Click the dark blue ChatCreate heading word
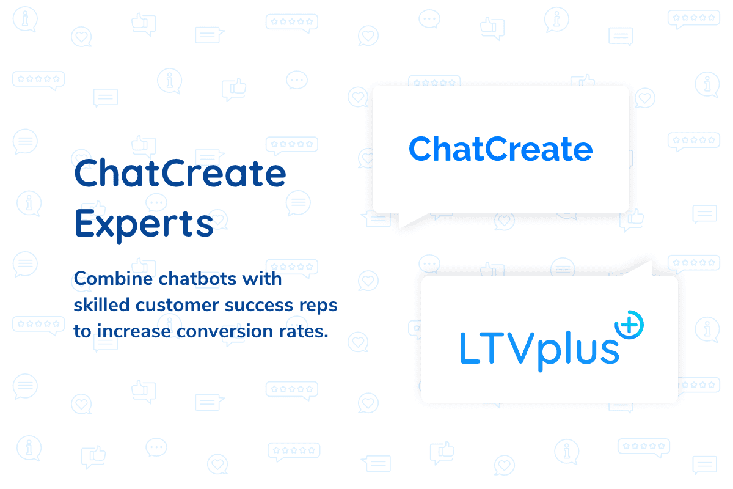click(x=180, y=172)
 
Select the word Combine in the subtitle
click(x=113, y=279)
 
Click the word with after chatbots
click(x=262, y=279)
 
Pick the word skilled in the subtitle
click(x=102, y=305)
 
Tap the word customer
click(x=177, y=306)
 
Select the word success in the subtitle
click(x=259, y=306)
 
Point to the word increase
click(x=134, y=331)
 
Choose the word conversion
click(x=225, y=331)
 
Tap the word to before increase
click(x=82, y=331)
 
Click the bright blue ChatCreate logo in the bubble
click(x=501, y=149)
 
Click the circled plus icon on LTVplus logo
click(x=629, y=325)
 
